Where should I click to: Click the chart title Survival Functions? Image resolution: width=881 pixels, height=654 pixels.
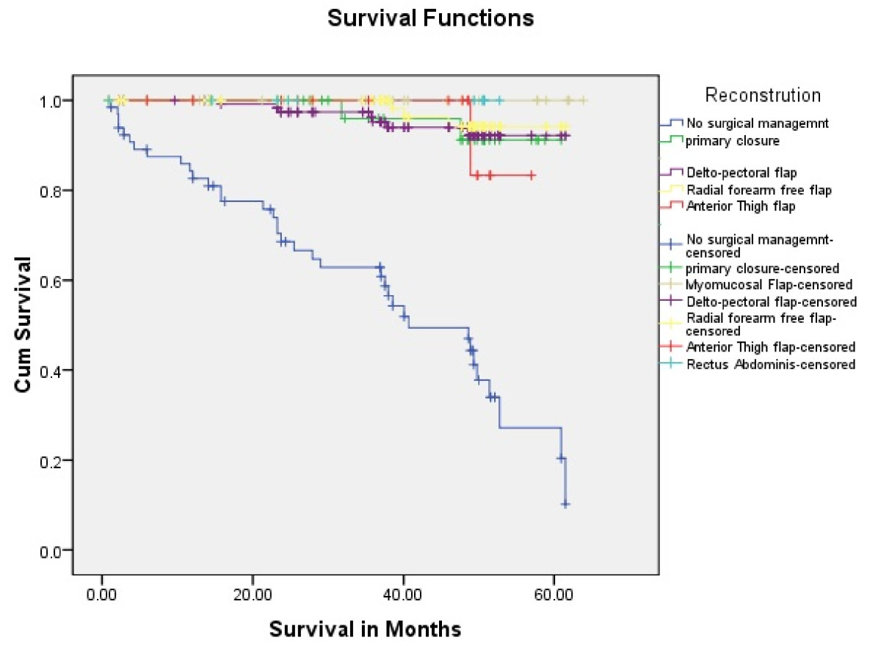[430, 18]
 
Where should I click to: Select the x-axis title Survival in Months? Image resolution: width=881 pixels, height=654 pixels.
[365, 629]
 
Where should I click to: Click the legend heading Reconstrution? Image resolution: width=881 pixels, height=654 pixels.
[763, 95]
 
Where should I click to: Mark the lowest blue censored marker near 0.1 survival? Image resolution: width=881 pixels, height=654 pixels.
[565, 504]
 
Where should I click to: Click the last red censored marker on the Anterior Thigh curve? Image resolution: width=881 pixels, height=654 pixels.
[532, 175]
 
